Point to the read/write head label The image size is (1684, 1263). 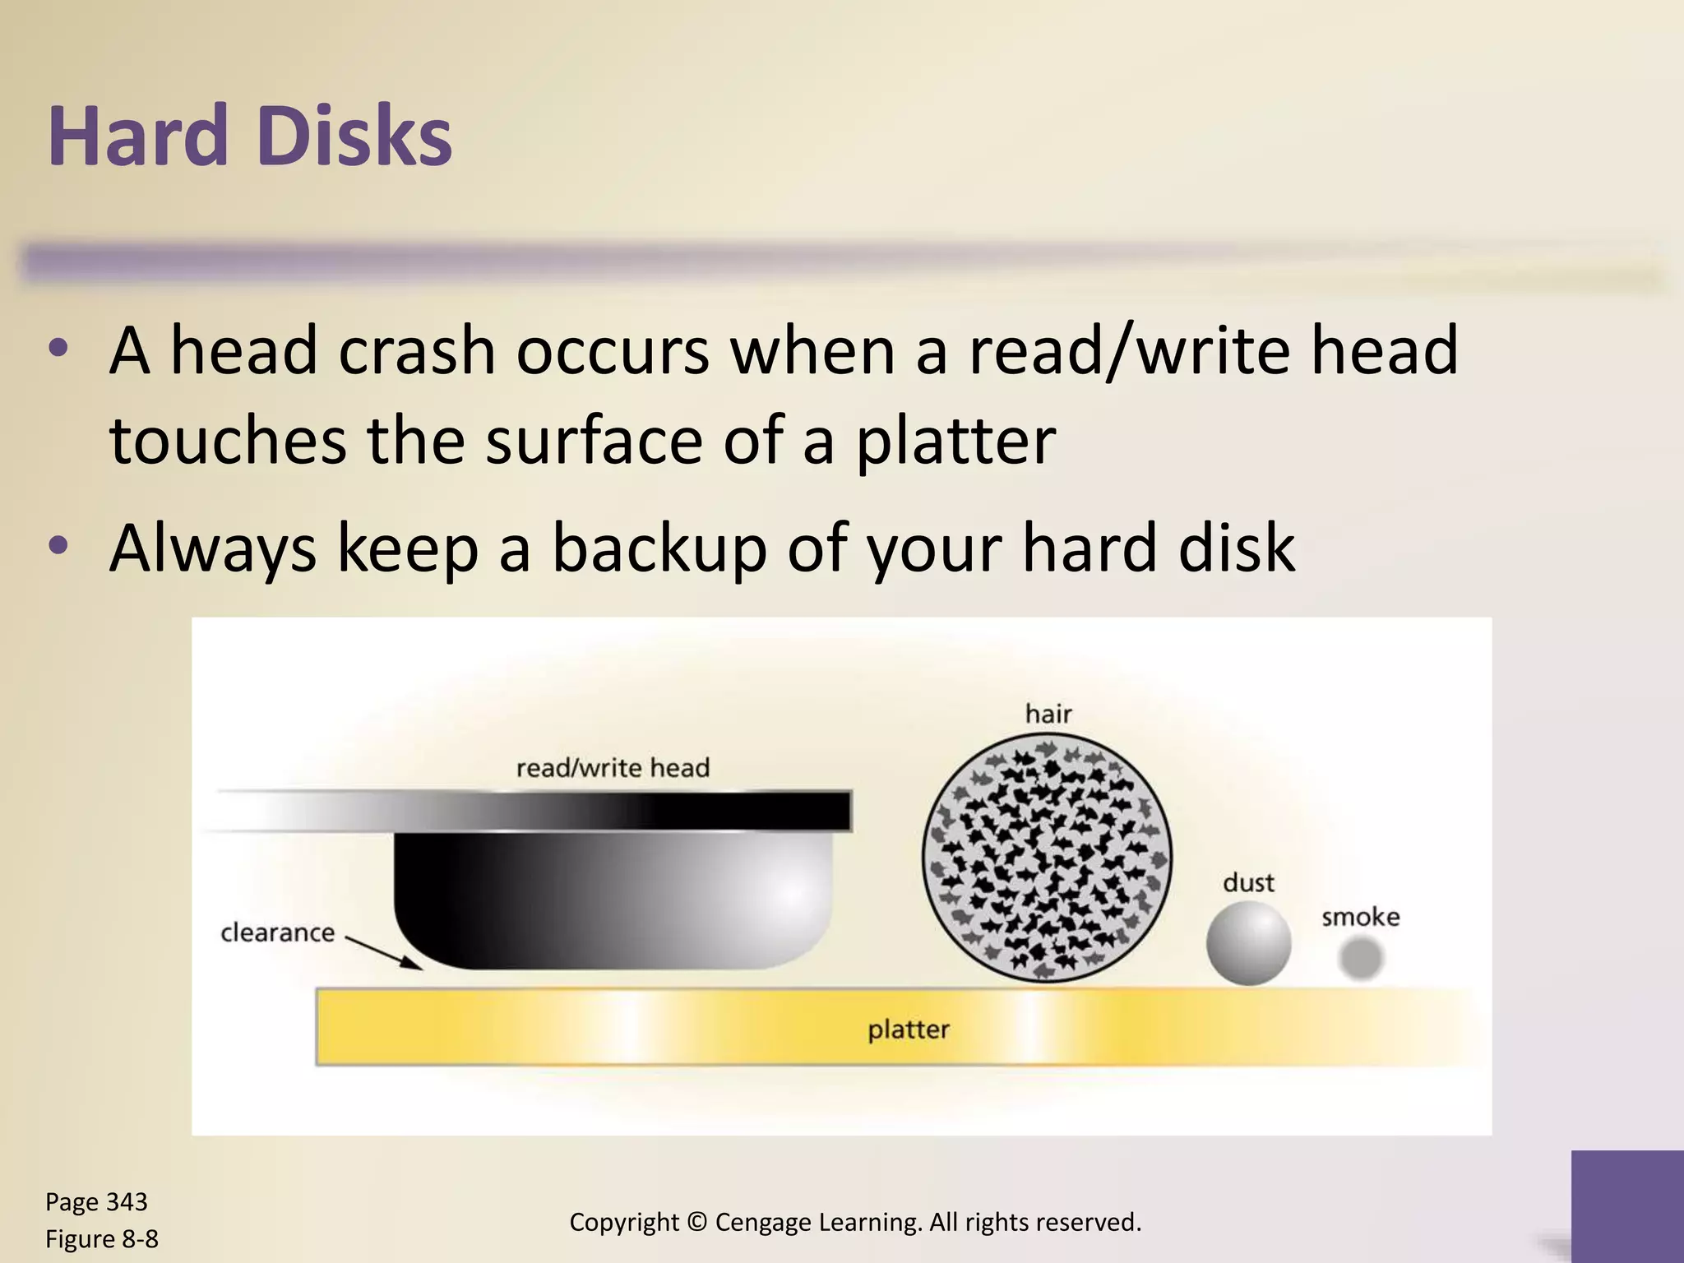[613, 768]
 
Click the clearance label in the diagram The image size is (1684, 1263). [278, 932]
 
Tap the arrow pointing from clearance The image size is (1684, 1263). [383, 952]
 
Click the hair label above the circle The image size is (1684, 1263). [1048, 713]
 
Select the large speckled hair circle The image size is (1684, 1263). [1047, 857]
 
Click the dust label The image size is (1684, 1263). [1248, 883]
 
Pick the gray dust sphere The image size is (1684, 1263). [1248, 943]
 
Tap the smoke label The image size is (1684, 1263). [1360, 917]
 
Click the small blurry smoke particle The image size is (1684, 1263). [1360, 959]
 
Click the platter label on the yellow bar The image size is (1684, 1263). [909, 1029]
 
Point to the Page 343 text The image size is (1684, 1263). [96, 1201]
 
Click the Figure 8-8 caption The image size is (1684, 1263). [102, 1238]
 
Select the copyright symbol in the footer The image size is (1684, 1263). [696, 1222]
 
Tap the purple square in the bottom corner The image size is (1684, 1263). [1627, 1205]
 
